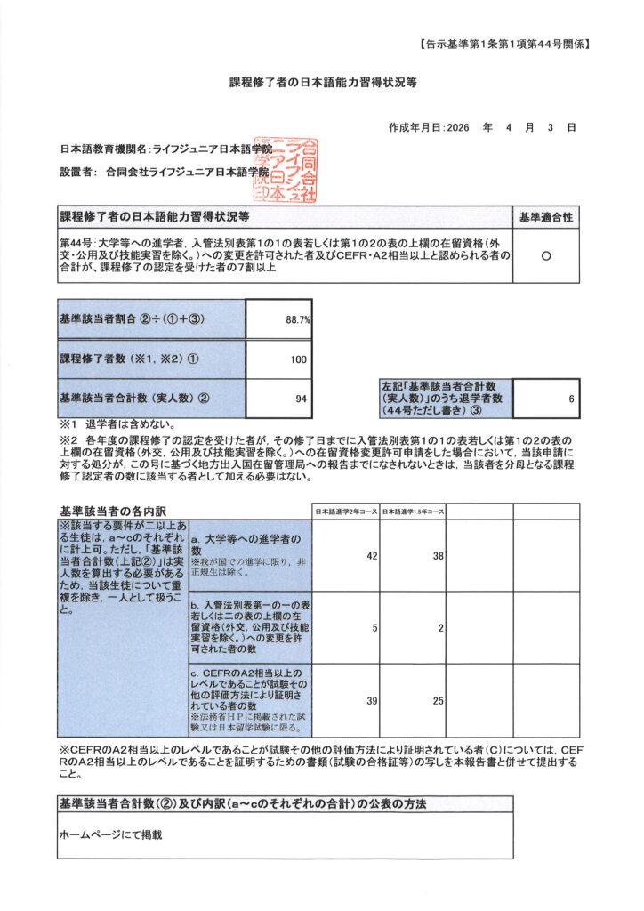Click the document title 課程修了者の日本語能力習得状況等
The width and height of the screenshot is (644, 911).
point(322,82)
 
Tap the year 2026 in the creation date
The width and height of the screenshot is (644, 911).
point(455,128)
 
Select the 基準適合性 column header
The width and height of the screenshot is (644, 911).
point(546,216)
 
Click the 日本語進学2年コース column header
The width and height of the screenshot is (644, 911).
point(345,512)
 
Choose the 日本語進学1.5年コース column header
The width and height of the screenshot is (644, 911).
point(412,512)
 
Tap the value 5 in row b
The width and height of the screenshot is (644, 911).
point(374,628)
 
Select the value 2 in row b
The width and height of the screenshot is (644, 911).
point(440,628)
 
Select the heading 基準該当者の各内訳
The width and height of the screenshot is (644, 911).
point(108,512)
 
